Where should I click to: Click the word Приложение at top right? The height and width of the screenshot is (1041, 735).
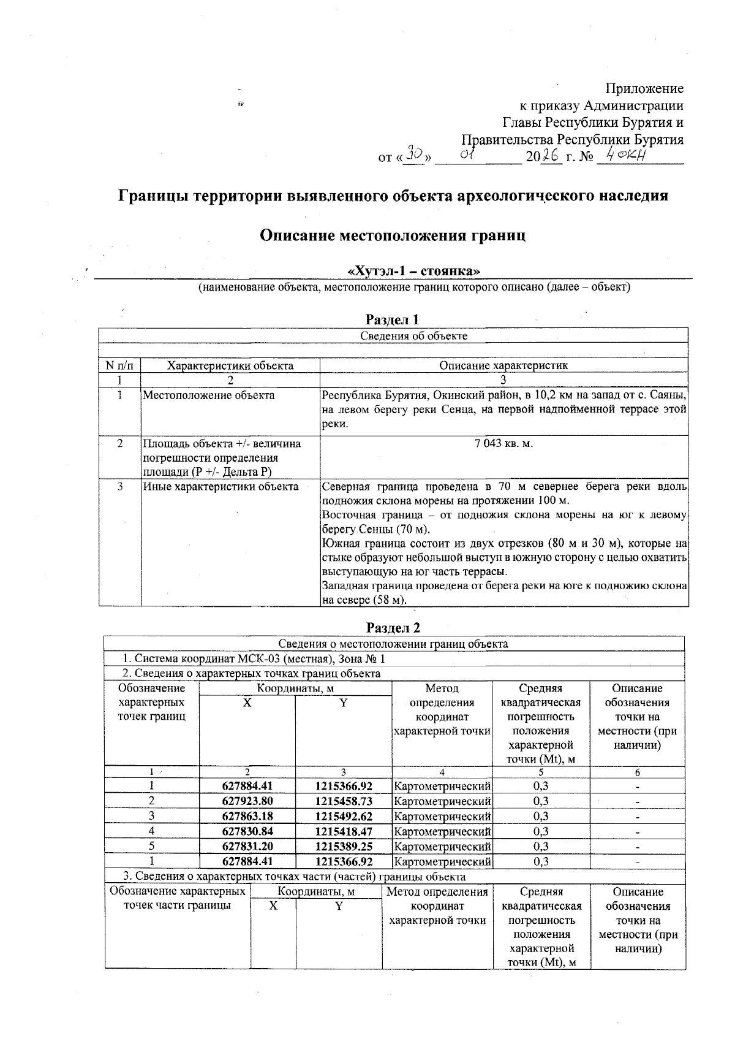(x=644, y=89)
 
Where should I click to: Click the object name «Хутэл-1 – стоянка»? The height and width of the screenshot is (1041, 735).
(x=413, y=271)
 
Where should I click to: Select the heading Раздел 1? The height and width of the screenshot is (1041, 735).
(x=392, y=319)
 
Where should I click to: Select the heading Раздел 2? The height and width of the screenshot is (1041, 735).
(x=393, y=628)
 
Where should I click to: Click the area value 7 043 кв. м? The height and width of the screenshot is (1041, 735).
(x=503, y=443)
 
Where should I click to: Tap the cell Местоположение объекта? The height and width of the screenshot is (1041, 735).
(x=209, y=395)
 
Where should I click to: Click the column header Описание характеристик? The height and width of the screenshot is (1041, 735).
(x=503, y=366)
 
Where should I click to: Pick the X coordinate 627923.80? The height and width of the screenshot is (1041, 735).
(x=247, y=801)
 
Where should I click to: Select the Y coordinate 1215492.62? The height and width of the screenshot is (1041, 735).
(x=344, y=817)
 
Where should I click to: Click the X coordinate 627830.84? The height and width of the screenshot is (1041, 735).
(x=247, y=832)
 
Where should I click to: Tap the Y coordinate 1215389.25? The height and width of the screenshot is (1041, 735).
(x=344, y=847)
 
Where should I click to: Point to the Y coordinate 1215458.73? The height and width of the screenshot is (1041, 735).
(x=344, y=801)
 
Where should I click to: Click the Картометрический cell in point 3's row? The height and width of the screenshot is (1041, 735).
(x=442, y=817)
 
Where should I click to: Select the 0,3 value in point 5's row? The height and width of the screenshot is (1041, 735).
(x=540, y=847)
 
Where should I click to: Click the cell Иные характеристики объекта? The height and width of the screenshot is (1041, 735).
(x=221, y=487)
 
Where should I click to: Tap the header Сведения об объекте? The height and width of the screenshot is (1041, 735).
(x=413, y=336)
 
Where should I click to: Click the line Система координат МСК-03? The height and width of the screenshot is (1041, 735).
(x=254, y=659)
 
